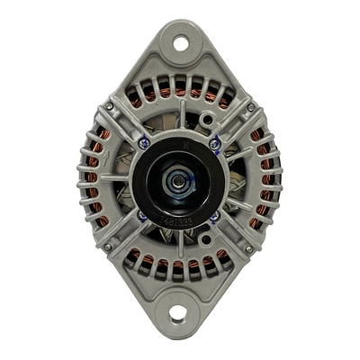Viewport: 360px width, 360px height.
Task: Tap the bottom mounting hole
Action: click(x=177, y=313)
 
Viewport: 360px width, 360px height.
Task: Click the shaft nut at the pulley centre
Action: click(x=178, y=181)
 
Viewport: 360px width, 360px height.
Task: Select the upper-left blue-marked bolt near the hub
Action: click(x=145, y=141)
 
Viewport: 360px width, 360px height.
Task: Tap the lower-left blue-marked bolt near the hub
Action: click(x=142, y=216)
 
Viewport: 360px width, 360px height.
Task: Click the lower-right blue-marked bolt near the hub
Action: click(x=213, y=216)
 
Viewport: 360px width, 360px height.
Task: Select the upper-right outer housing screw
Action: click(x=249, y=107)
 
